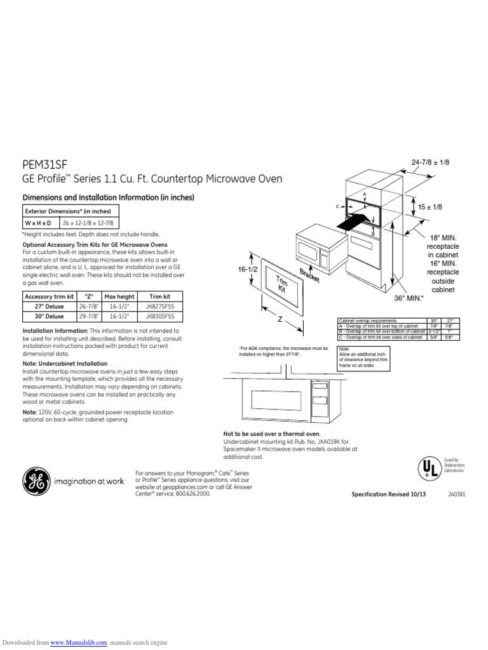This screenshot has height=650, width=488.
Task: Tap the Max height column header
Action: [x=119, y=296]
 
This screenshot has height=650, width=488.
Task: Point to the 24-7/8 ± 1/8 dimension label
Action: [x=430, y=163]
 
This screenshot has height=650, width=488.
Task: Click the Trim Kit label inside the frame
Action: [x=280, y=284]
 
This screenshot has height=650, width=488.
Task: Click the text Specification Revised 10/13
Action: [x=389, y=494]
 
